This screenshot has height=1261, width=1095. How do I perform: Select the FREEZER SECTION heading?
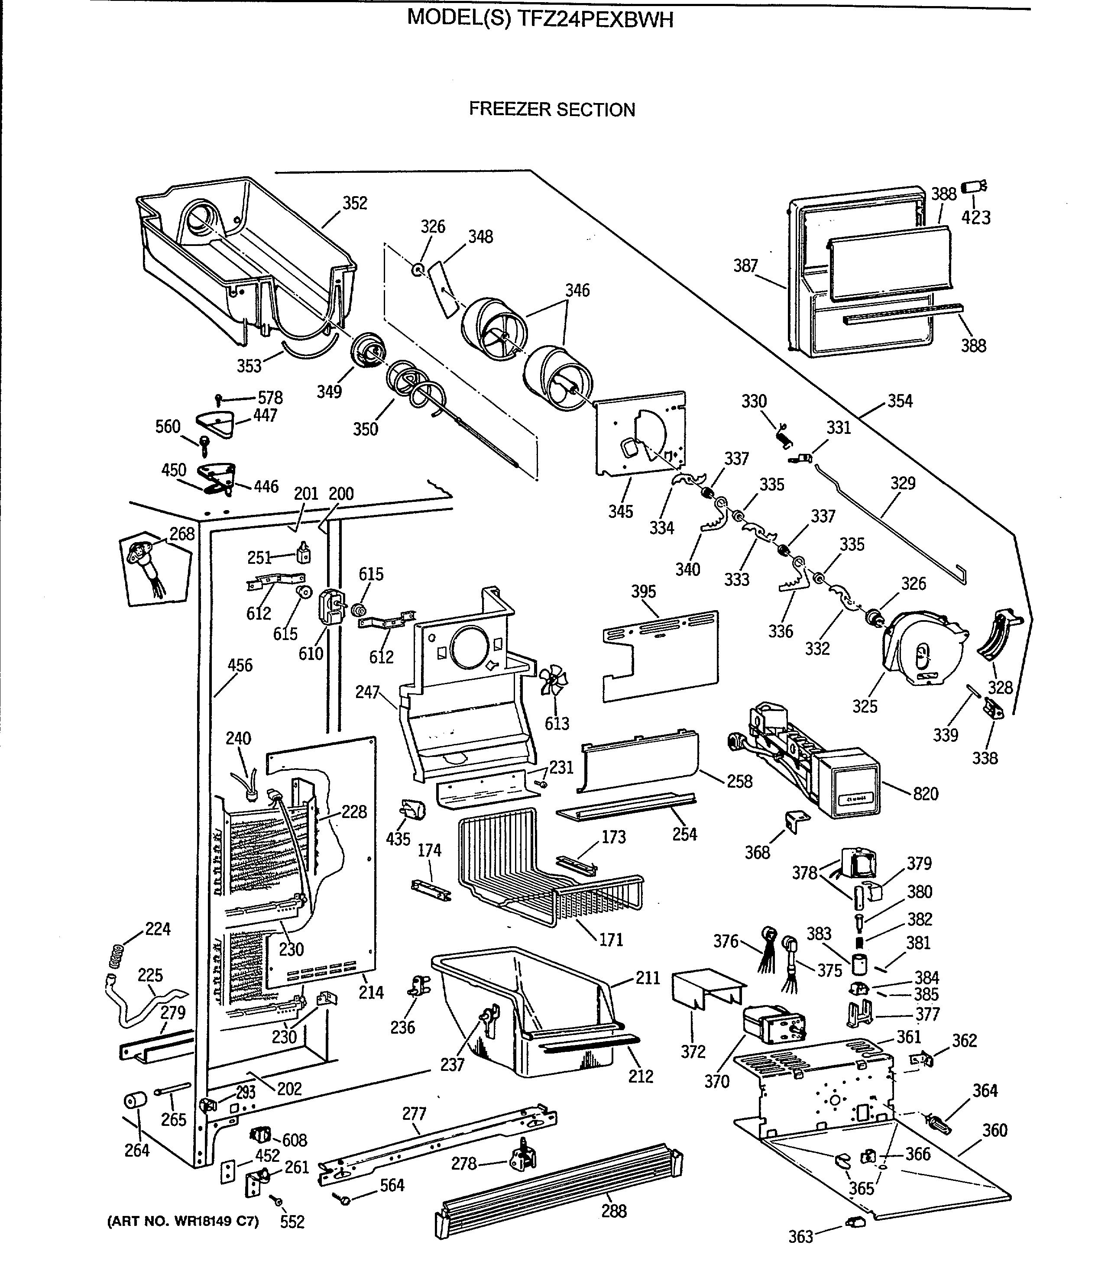(552, 110)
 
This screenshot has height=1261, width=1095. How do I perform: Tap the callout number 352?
(355, 204)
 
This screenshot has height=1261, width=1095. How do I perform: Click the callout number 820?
(926, 794)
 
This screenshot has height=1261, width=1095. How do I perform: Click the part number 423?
(976, 217)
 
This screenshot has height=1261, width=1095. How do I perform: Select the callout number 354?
(900, 401)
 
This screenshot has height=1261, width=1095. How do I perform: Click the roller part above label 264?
(136, 1102)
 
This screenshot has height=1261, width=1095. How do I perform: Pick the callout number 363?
(800, 1237)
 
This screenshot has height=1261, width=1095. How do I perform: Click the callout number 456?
(240, 665)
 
